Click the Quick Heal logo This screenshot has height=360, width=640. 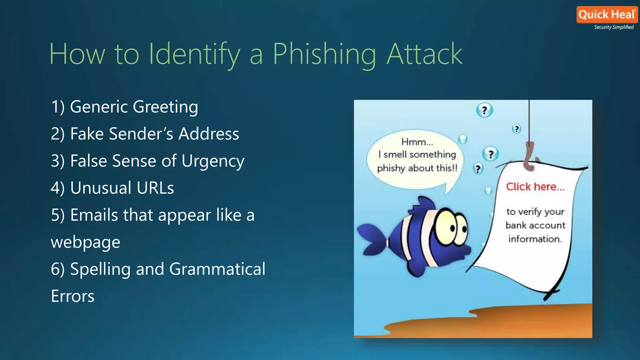(607, 15)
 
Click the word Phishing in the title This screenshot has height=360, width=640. (324, 54)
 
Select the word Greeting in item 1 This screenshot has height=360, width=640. (165, 107)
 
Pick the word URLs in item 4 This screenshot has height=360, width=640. (153, 188)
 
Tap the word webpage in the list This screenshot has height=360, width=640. (86, 242)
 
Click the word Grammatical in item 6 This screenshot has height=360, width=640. (217, 269)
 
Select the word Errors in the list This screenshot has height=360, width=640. (72, 296)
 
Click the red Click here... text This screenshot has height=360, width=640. (535, 187)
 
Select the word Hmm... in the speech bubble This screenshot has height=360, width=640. (417, 142)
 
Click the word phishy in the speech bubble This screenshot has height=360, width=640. (391, 168)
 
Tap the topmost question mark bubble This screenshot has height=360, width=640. (484, 110)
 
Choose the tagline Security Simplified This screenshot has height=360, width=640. (614, 27)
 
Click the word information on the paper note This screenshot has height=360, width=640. (535, 239)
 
